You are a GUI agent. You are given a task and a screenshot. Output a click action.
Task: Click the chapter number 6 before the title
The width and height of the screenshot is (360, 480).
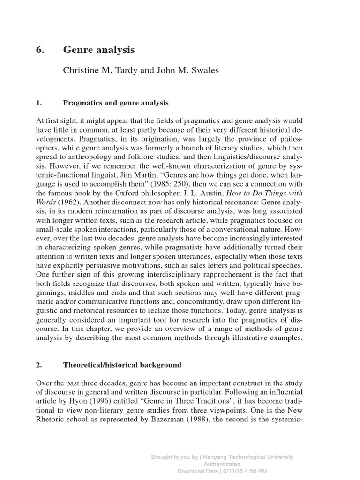point(39,50)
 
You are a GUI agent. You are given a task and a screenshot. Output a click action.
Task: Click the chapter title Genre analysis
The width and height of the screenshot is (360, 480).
point(99,50)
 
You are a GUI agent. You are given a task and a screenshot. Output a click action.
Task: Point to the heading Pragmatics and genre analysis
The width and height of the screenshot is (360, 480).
point(116,102)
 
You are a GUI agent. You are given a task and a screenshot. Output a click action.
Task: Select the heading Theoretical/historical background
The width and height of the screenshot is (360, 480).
point(122,364)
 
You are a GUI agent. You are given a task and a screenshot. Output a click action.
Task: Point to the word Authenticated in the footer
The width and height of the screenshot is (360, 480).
point(222,464)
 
